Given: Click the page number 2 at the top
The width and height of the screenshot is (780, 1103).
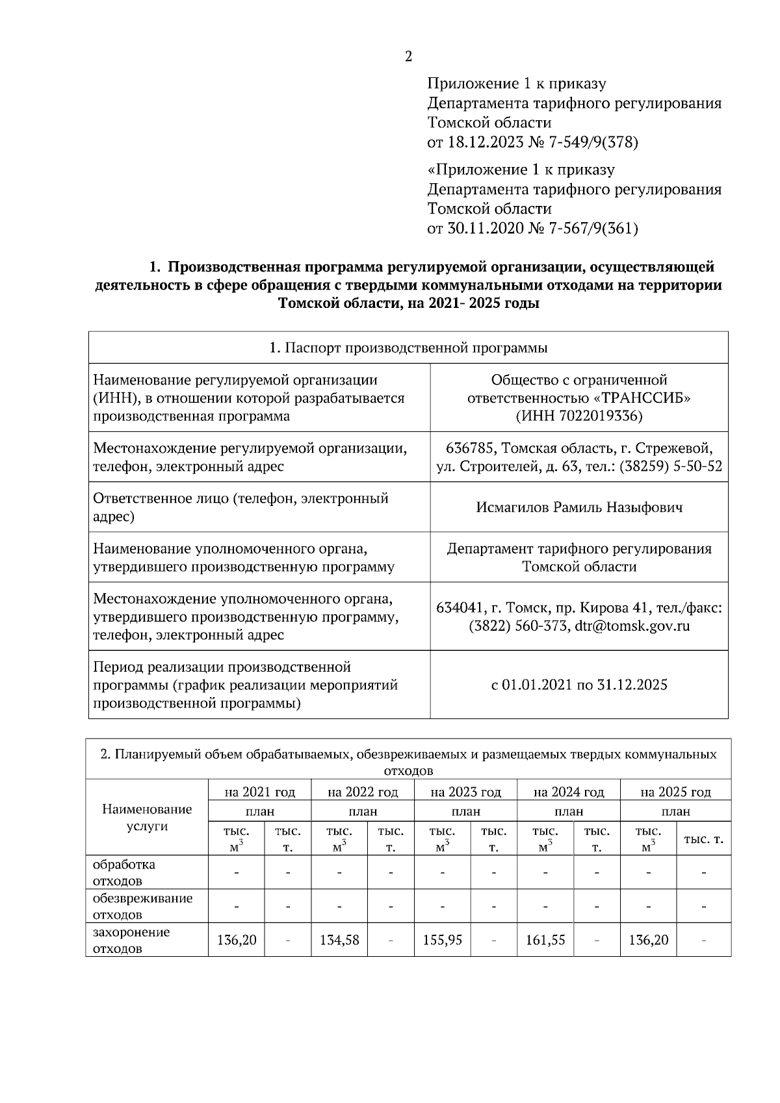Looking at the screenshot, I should point(408,57).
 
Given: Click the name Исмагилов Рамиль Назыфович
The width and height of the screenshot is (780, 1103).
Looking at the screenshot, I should point(579,507).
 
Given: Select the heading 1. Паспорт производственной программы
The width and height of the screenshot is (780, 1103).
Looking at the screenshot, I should point(408,348).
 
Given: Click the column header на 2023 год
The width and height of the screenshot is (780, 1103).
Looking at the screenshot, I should point(466,792).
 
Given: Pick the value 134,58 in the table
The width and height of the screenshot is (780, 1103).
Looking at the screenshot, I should point(339,940).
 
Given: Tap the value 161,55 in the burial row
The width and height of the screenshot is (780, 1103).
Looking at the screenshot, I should point(545,940).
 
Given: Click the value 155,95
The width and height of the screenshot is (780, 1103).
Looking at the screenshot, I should point(442,940).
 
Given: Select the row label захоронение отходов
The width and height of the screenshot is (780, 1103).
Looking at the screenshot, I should point(131,940).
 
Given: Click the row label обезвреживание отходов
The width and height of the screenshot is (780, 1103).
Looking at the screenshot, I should point(143,906).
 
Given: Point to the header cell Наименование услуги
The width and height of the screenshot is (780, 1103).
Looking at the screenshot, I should point(147,818).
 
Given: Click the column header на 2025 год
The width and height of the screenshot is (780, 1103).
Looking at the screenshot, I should point(675,792).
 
